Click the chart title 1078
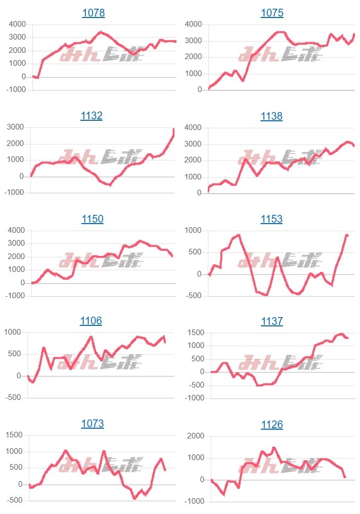click(93, 13)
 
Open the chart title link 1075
click(272, 13)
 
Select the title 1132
click(92, 116)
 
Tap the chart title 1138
click(272, 116)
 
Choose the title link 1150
click(93, 219)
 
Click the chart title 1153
click(272, 219)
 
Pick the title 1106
click(91, 321)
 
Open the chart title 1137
click(272, 321)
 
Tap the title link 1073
click(93, 424)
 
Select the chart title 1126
click(272, 425)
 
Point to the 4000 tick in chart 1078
click(16, 24)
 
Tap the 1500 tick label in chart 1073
click(14, 435)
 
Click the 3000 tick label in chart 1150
click(16, 243)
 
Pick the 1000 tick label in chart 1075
click(193, 74)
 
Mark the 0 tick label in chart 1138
click(199, 193)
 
